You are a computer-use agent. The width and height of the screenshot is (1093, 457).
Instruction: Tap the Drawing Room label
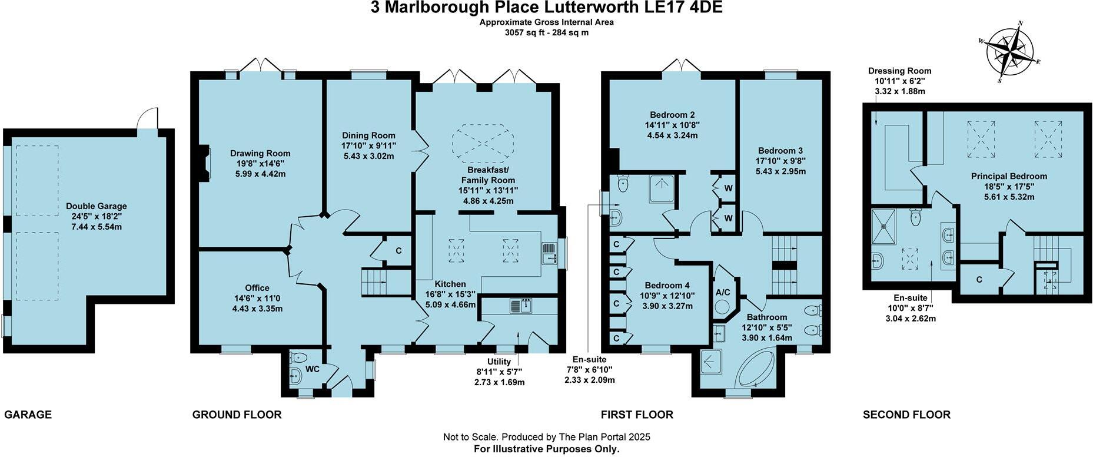260,153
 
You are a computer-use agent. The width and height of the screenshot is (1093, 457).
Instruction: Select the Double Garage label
97,206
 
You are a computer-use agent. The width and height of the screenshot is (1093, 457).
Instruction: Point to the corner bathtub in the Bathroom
756,369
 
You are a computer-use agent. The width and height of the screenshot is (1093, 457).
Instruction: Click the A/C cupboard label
723,292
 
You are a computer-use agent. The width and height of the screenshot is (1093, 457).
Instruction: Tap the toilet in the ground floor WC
298,357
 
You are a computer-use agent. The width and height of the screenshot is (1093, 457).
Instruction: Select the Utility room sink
521,306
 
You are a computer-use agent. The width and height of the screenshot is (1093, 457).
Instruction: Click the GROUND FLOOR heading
237,415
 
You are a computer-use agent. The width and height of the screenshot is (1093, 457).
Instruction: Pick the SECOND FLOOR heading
906,415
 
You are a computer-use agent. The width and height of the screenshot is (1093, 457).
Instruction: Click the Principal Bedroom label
1009,176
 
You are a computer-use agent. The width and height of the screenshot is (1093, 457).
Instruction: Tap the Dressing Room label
899,71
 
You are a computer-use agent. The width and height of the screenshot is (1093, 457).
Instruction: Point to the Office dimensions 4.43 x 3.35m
257,308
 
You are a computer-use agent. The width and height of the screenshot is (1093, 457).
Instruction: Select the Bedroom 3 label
780,151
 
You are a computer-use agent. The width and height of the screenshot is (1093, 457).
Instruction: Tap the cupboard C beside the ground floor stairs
398,251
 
